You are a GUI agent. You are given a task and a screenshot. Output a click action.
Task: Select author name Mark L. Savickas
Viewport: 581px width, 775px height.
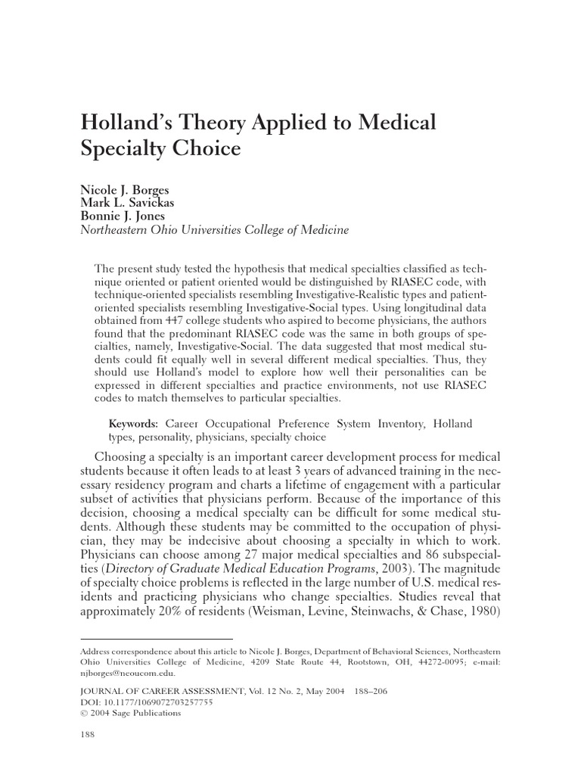pyautogui.click(x=129, y=204)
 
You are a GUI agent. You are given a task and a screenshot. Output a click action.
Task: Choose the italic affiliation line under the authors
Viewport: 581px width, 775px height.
pyautogui.click(x=215, y=231)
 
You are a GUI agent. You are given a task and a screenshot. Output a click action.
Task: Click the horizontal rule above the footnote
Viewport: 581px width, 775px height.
pyautogui.click(x=157, y=640)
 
